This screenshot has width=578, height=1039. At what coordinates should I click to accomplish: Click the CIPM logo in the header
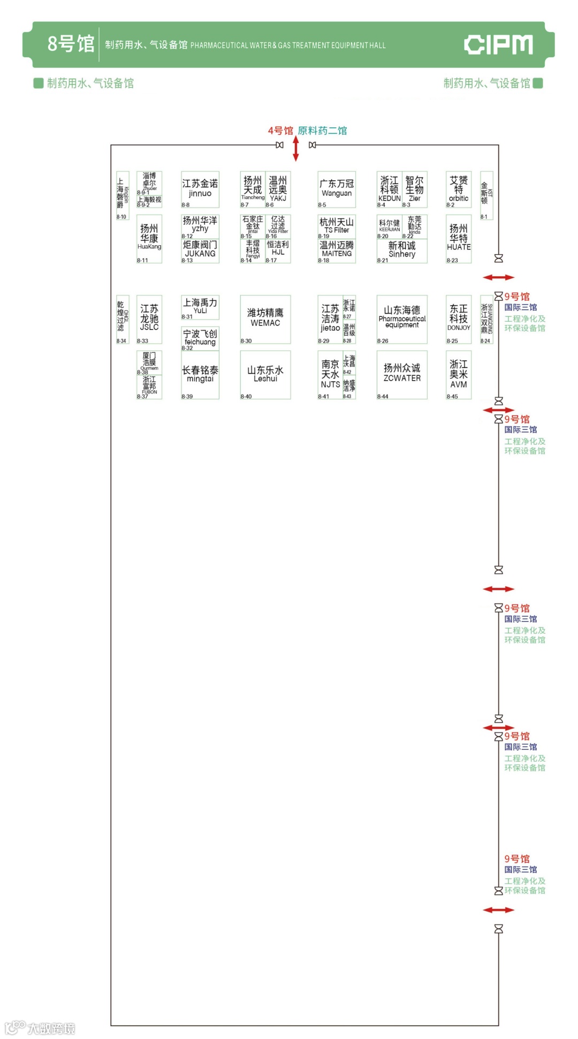pos(498,45)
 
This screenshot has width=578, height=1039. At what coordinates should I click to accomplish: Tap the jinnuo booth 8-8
pos(200,189)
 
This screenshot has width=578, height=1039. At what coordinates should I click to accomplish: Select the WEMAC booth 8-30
pos(265,319)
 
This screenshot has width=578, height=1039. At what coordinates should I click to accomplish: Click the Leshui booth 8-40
pos(265,375)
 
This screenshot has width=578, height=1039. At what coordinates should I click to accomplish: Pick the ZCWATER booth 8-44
pos(402,375)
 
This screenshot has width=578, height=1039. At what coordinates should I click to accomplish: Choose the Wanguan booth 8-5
pos(337,189)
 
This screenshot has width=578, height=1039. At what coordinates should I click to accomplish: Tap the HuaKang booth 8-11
pos(149,239)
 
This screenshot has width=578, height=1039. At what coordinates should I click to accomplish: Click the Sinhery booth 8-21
pos(402,251)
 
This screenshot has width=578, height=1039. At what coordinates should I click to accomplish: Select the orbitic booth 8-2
pos(459,189)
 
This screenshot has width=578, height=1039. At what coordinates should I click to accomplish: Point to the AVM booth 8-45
pos(459,375)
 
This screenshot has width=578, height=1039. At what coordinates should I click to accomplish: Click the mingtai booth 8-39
pos(200,375)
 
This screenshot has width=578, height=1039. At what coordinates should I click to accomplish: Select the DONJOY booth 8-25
pos(459,319)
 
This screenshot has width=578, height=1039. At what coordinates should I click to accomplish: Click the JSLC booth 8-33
pos(149,319)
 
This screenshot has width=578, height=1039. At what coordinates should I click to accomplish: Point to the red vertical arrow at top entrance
pos(296,148)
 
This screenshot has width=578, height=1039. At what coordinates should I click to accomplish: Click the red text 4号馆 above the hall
pos(280,131)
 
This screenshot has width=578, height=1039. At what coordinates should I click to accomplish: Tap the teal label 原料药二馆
pos(322,131)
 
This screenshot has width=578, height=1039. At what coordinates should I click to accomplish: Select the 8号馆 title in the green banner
pos(71,44)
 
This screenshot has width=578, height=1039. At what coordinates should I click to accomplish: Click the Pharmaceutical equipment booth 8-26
pos(402,319)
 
